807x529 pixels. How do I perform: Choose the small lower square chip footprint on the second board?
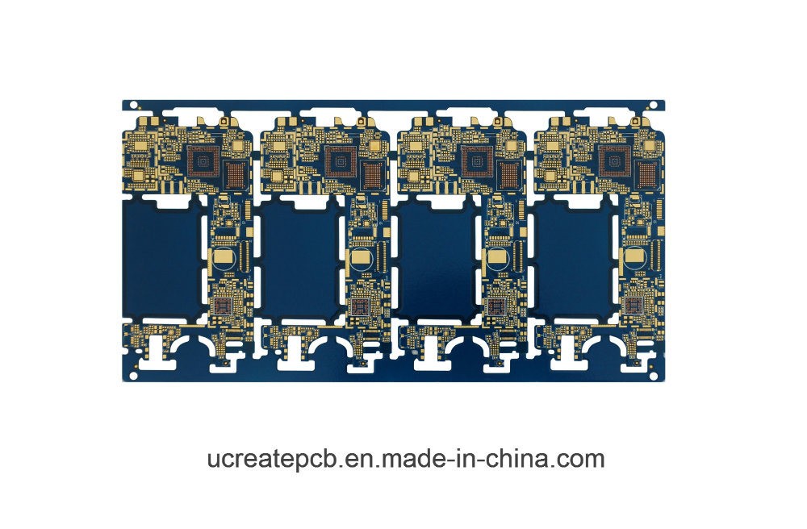coord(359,306)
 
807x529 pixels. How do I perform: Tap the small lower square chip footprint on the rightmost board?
coord(633,306)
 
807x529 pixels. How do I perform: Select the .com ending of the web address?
coord(578,460)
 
